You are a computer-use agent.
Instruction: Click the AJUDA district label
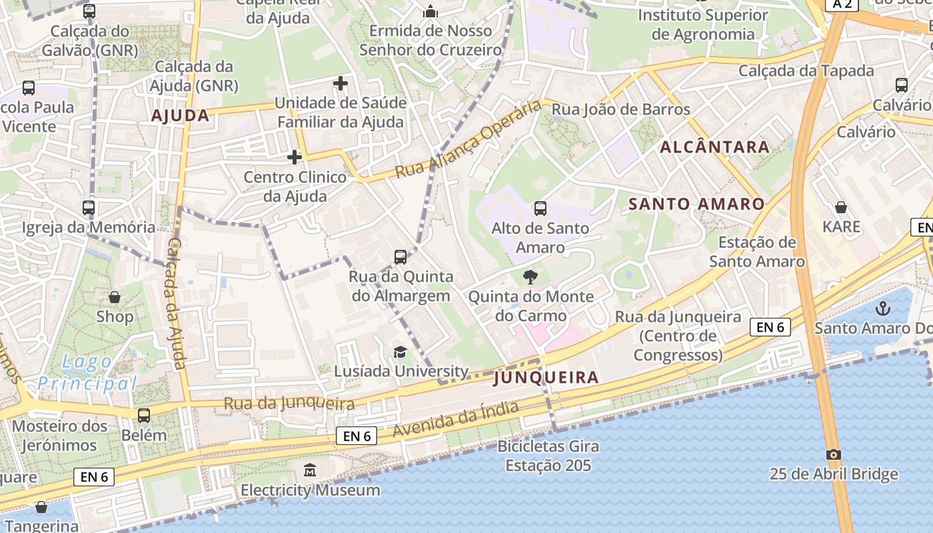click(180, 116)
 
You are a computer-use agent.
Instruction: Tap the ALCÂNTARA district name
click(714, 147)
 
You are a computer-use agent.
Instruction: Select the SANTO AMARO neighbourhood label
click(696, 204)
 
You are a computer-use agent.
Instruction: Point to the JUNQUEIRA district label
click(546, 378)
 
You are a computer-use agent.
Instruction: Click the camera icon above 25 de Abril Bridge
click(833, 454)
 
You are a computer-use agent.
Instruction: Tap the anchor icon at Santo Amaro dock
click(882, 308)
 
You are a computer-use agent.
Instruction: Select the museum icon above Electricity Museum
click(310, 470)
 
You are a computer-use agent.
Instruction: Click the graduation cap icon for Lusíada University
click(400, 352)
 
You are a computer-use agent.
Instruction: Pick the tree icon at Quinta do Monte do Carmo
click(530, 276)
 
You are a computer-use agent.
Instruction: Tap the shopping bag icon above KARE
click(841, 207)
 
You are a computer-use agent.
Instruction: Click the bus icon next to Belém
click(144, 416)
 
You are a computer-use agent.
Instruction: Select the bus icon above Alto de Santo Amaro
click(540, 209)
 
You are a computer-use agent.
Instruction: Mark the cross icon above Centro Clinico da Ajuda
click(294, 157)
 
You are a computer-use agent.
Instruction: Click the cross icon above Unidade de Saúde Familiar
click(341, 83)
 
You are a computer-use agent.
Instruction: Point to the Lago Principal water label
click(87, 372)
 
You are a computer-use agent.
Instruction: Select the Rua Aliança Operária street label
click(468, 139)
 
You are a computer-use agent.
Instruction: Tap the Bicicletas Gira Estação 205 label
click(548, 456)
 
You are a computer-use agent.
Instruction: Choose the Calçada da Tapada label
click(806, 71)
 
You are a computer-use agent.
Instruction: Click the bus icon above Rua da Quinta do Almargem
click(400, 257)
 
